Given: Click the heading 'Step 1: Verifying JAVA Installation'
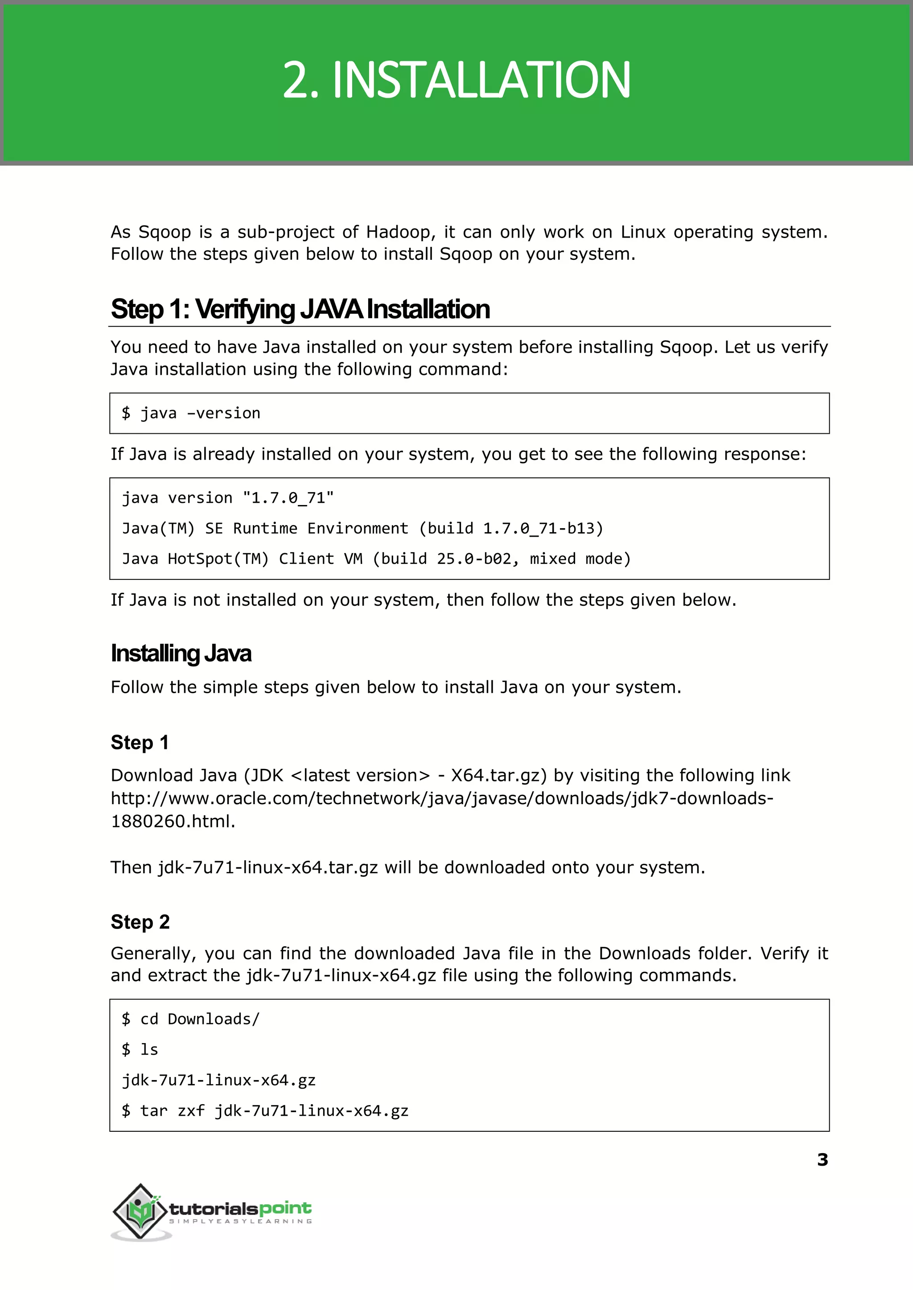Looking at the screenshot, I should click(x=300, y=309).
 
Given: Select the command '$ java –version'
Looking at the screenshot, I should click(x=191, y=413).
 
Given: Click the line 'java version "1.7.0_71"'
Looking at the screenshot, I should click(x=228, y=498).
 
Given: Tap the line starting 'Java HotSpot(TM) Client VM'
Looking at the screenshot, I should click(x=376, y=559).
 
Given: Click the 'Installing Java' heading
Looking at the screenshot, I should click(x=181, y=653).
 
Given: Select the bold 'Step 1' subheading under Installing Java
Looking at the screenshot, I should click(x=140, y=743).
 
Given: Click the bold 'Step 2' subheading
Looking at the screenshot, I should click(x=140, y=922).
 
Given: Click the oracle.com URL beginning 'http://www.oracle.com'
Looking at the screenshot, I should click(x=441, y=798).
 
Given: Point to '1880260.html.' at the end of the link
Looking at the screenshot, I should click(x=173, y=821).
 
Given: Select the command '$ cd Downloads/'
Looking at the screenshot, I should click(x=191, y=1019).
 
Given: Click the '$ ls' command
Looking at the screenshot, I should click(x=140, y=1049).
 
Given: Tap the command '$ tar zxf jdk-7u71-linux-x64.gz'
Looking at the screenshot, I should click(x=265, y=1111).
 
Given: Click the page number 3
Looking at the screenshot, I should click(x=822, y=1159).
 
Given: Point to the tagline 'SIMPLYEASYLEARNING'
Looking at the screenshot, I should click(x=241, y=1221).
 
